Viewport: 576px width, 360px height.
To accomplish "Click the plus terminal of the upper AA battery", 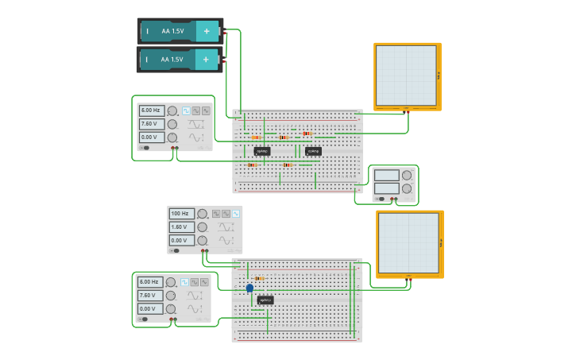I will (207, 31).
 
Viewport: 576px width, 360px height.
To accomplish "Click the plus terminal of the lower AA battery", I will (207, 59).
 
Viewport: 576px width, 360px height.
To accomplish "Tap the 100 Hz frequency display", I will (181, 214).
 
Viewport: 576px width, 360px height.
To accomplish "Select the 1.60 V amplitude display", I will (181, 226).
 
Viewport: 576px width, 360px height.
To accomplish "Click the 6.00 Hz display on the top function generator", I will (151, 110).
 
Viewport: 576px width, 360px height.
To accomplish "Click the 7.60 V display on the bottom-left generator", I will (149, 295).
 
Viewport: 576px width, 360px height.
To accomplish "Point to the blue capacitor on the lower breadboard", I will (249, 288).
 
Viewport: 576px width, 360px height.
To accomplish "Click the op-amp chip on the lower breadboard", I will (265, 300).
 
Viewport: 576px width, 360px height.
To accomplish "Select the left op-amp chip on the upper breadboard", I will (262, 150).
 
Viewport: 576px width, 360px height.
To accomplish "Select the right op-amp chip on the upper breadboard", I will (313, 150).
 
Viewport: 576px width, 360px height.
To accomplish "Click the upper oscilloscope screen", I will (406, 75).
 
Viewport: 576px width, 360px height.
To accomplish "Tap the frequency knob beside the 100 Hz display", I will (202, 214).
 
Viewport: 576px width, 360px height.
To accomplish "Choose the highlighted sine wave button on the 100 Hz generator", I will (236, 213).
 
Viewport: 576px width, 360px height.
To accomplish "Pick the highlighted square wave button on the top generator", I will (187, 110).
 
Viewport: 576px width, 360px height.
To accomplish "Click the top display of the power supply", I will (387, 175).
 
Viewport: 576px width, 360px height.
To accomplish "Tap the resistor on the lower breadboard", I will (260, 278).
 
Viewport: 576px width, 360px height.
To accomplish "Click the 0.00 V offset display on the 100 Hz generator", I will (181, 240).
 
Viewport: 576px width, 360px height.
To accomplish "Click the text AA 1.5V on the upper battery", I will (172, 31).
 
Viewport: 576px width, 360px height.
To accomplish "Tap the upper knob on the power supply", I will (407, 175).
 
